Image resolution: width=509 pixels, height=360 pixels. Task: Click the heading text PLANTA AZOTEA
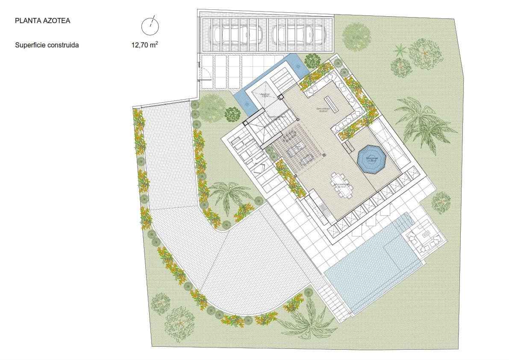click(42, 21)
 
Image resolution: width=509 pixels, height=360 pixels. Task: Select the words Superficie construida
click(47, 44)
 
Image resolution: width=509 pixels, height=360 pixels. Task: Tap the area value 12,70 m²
click(145, 44)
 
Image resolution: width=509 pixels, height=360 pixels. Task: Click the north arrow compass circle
click(150, 27)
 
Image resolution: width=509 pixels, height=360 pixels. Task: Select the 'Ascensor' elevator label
click(265, 95)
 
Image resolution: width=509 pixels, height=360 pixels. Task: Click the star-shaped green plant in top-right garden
click(400, 50)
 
